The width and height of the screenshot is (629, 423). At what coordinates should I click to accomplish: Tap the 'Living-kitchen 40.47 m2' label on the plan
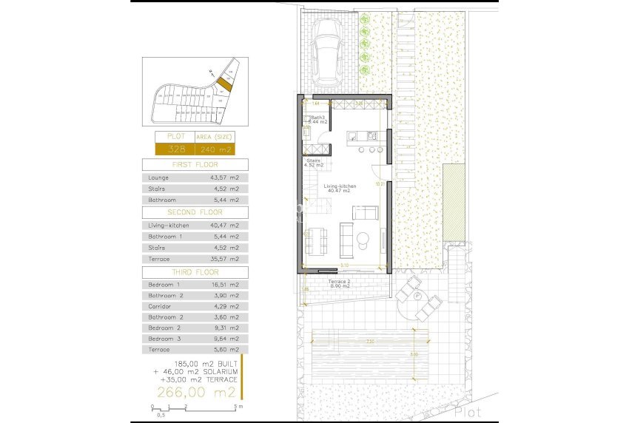tap(340, 190)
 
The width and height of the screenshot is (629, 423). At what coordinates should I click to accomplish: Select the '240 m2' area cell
tap(215, 149)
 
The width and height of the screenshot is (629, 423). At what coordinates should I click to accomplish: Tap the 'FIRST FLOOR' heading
tap(195, 165)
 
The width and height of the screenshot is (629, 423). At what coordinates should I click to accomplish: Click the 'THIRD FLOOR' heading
tap(195, 272)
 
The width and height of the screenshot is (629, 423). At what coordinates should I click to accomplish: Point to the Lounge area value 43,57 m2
tap(224, 177)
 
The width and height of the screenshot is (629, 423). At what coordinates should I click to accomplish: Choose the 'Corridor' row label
tap(161, 305)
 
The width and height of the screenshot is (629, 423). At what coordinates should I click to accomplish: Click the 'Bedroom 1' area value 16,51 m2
tap(224, 284)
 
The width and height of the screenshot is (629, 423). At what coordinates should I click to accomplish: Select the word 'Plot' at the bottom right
tap(468, 411)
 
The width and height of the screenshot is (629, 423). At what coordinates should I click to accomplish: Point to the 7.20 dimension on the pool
tap(370, 341)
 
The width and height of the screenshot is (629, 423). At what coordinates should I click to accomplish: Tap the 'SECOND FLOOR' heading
tap(195, 212)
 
